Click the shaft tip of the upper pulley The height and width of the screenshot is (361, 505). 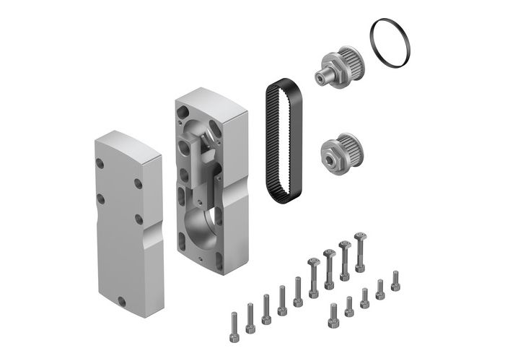[x=318, y=74]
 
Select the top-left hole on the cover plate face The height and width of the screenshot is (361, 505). [x=100, y=165]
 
